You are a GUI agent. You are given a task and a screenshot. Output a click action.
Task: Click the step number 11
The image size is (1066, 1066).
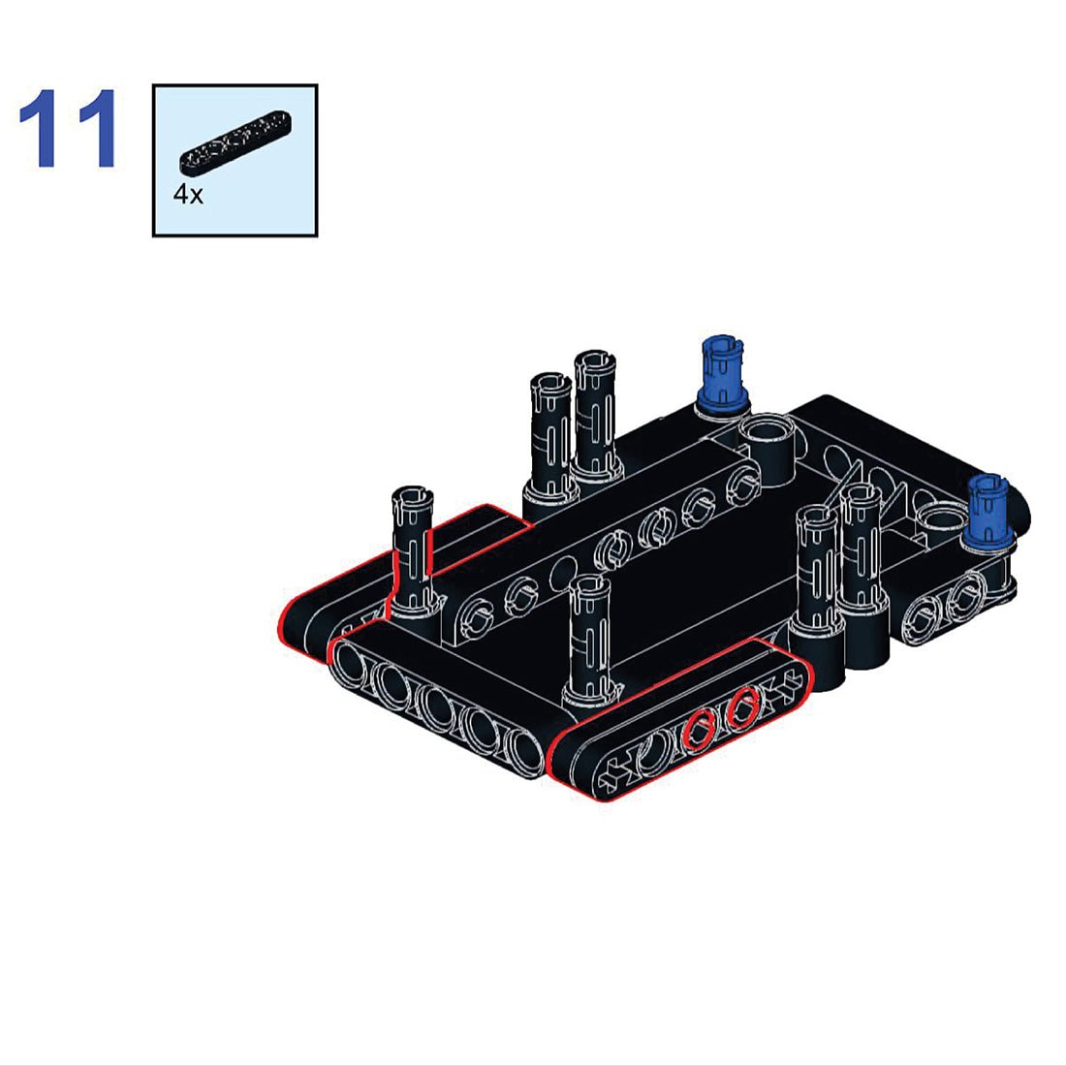[x=68, y=128]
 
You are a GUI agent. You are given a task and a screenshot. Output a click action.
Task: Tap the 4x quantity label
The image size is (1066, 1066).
[x=188, y=195]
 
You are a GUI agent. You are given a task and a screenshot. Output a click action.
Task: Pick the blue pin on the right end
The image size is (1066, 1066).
[x=988, y=510]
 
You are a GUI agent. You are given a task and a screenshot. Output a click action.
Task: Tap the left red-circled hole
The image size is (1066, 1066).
[x=698, y=730]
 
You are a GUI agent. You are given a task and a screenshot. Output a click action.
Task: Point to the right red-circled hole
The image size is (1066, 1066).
[x=742, y=707]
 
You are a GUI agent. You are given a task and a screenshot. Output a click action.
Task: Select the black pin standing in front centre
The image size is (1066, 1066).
[x=590, y=639]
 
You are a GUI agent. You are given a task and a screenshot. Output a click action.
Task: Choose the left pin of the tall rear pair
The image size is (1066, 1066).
[x=550, y=435]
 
